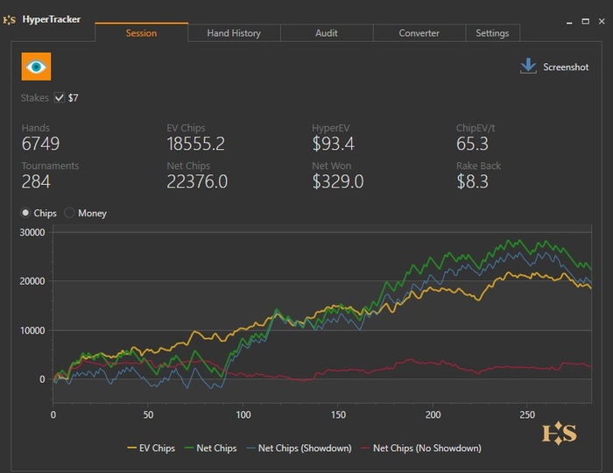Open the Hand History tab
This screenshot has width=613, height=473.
234,33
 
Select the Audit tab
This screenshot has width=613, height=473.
327,33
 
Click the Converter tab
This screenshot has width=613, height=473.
419,33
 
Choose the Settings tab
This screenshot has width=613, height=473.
492,33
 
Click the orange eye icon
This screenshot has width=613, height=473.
36,67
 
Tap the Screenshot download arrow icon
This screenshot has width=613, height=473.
528,67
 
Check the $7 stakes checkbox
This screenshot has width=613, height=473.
60,98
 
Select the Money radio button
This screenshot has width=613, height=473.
70,213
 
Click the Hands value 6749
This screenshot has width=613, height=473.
41,145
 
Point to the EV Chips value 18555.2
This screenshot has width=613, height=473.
195,145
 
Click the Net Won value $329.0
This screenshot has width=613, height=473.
337,182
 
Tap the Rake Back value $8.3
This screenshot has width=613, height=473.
472,182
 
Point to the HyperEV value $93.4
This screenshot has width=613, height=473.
333,145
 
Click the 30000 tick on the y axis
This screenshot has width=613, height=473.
32,232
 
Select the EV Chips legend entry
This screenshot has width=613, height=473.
151,448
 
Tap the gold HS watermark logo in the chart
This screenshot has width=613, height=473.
560,433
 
